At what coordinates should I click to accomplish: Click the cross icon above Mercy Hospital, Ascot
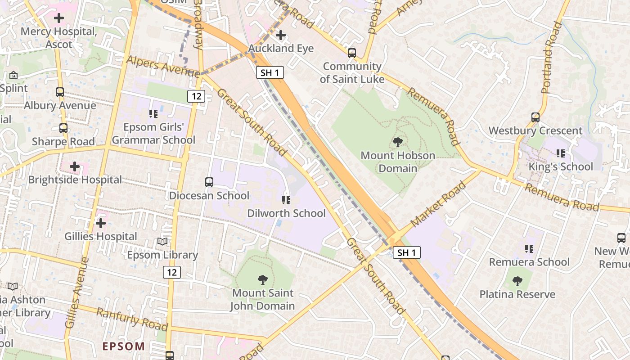[58, 18]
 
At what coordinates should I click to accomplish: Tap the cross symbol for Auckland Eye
[281, 35]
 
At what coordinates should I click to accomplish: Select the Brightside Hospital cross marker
[75, 167]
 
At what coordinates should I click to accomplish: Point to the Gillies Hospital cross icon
[101, 223]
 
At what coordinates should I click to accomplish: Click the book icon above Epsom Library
[162, 242]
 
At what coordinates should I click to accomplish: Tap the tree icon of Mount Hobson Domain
[397, 143]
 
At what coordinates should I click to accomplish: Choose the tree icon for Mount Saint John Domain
[262, 280]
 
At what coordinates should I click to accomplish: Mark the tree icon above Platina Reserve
[517, 281]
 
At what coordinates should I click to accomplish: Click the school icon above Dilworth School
[286, 200]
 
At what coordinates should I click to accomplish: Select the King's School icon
[561, 153]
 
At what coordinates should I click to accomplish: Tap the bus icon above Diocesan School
[209, 182]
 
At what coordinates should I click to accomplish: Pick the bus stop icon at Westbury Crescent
[535, 117]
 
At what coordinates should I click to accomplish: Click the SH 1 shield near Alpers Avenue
[270, 72]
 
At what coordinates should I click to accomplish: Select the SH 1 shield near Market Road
[407, 252]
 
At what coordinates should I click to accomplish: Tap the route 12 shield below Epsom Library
[172, 272]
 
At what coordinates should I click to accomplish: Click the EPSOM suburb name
[124, 346]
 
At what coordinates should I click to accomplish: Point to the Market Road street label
[439, 204]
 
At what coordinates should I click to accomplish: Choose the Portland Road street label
[552, 58]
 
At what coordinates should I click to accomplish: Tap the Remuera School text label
[529, 262]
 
